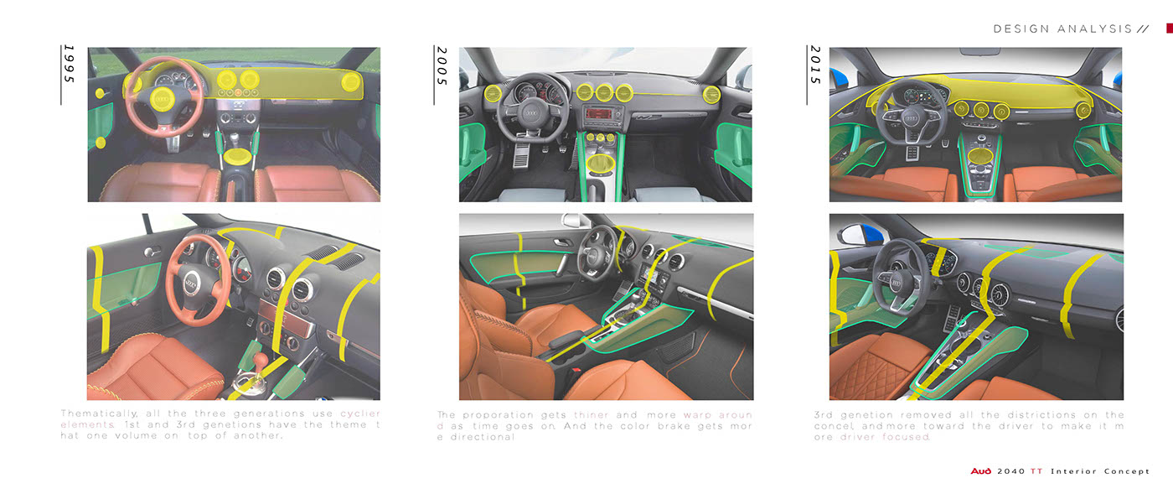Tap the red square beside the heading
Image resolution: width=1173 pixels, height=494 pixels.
click(1170, 29)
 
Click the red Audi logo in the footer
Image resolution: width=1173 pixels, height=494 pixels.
click(981, 471)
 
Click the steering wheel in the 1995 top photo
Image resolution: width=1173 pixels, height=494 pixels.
click(163, 97)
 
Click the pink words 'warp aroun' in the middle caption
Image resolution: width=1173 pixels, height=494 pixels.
click(717, 414)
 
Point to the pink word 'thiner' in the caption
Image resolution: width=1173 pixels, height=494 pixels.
click(593, 414)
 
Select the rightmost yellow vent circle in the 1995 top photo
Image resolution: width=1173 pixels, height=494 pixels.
click(351, 81)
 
